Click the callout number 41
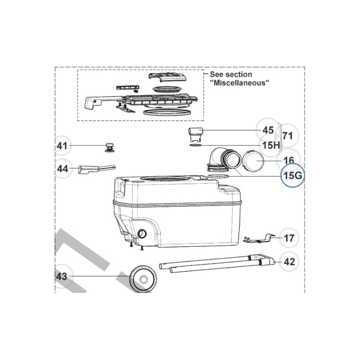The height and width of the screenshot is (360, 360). [62, 146]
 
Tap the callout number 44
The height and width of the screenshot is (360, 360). [62, 169]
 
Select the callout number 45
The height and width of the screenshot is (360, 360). [268, 130]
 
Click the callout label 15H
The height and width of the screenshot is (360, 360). [271, 145]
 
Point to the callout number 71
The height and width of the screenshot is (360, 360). [288, 135]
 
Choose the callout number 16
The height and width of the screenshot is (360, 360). [289, 160]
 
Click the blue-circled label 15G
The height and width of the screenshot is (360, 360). [292, 175]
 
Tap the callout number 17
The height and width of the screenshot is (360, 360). [289, 238]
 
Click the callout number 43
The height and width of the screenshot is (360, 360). [61, 276]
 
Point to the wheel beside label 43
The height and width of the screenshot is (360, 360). [143, 279]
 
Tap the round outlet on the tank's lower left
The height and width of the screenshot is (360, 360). [143, 234]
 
